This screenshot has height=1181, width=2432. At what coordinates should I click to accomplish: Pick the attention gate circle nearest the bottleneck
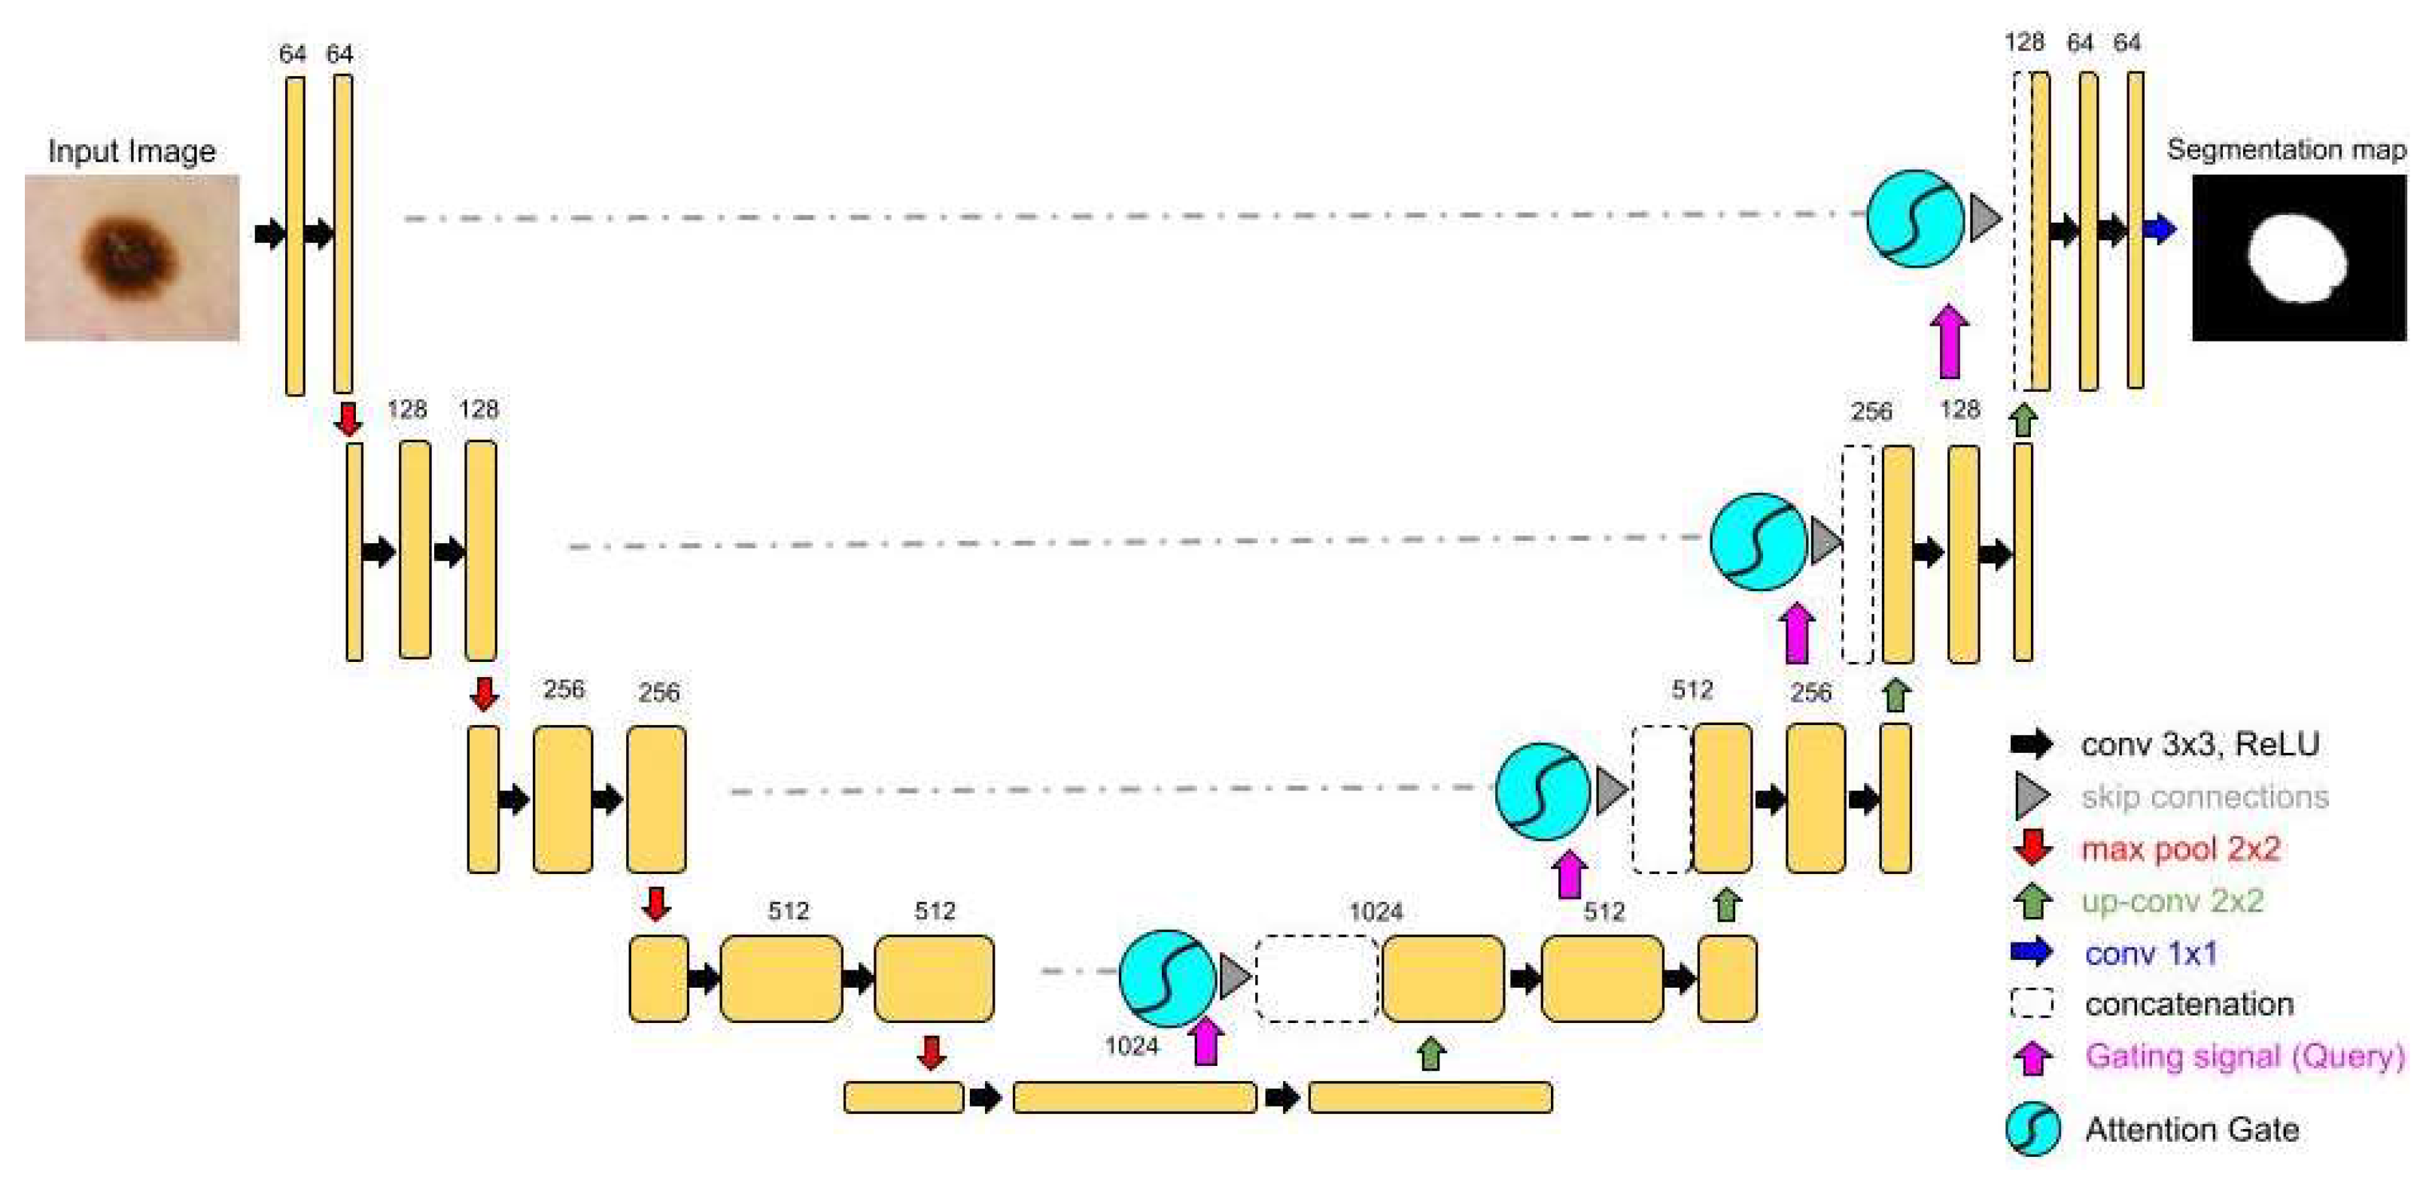[1167, 978]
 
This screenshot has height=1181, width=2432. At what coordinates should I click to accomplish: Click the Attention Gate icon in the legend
[2032, 1129]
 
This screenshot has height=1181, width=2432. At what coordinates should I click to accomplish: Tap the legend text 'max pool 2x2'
[2181, 849]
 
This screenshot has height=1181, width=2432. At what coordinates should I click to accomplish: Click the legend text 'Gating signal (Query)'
[2244, 1055]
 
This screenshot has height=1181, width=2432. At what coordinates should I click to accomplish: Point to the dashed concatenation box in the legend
[2032, 1003]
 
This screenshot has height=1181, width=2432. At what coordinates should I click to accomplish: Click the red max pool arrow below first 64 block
[348, 418]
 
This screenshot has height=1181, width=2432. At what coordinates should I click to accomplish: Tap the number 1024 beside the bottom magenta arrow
[1131, 1046]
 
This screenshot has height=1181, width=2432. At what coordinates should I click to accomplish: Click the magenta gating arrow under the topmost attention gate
[1949, 341]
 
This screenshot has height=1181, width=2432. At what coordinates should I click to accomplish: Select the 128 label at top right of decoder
[2024, 42]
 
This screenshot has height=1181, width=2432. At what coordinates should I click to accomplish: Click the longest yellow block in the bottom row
[1134, 1097]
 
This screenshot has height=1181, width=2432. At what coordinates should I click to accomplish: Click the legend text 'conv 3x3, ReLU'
[2199, 744]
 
